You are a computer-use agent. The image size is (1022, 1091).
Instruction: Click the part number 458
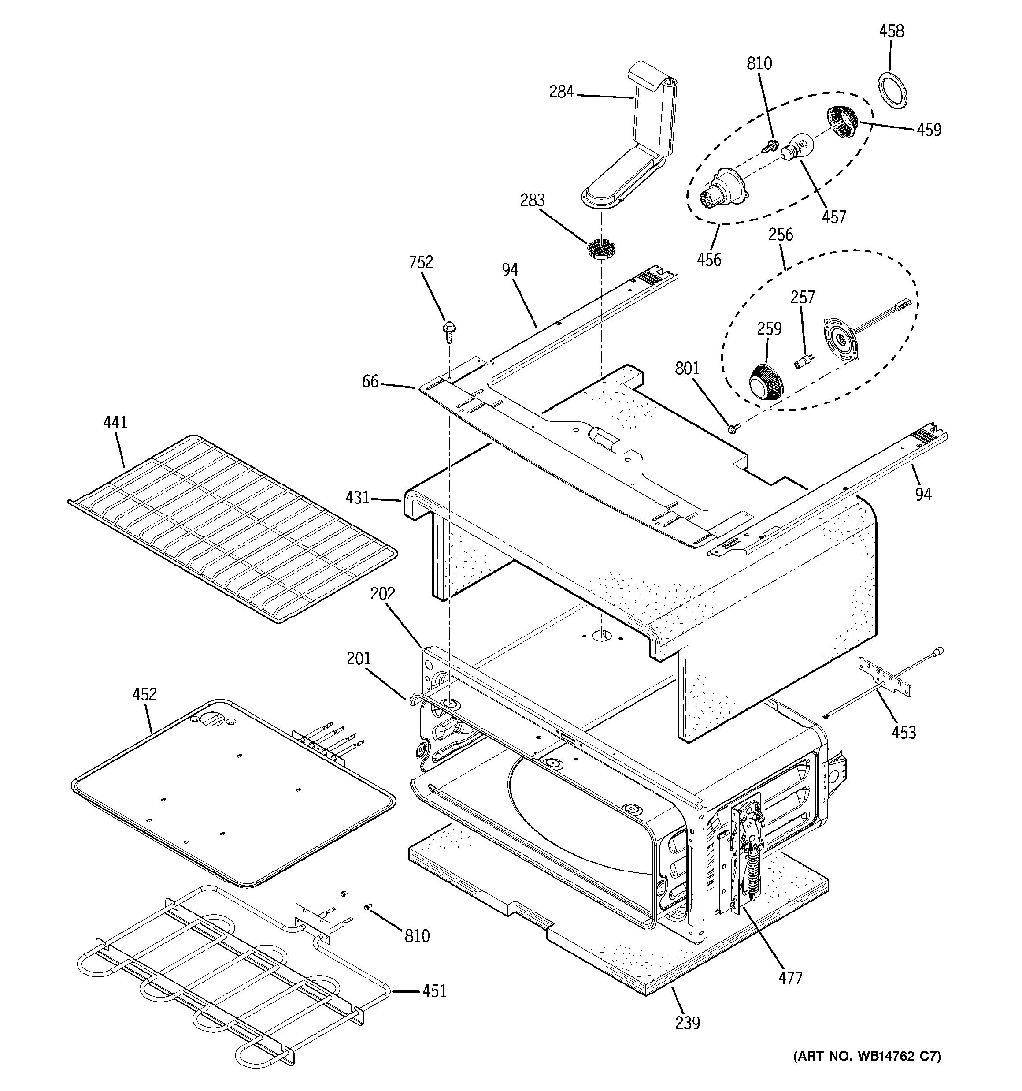[x=892, y=31]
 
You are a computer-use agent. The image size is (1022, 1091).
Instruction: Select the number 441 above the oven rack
[x=115, y=423]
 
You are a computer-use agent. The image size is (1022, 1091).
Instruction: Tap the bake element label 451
[x=434, y=991]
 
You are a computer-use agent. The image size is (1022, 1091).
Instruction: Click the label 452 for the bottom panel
[x=144, y=694]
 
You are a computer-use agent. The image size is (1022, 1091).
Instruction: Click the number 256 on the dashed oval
[x=780, y=235]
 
